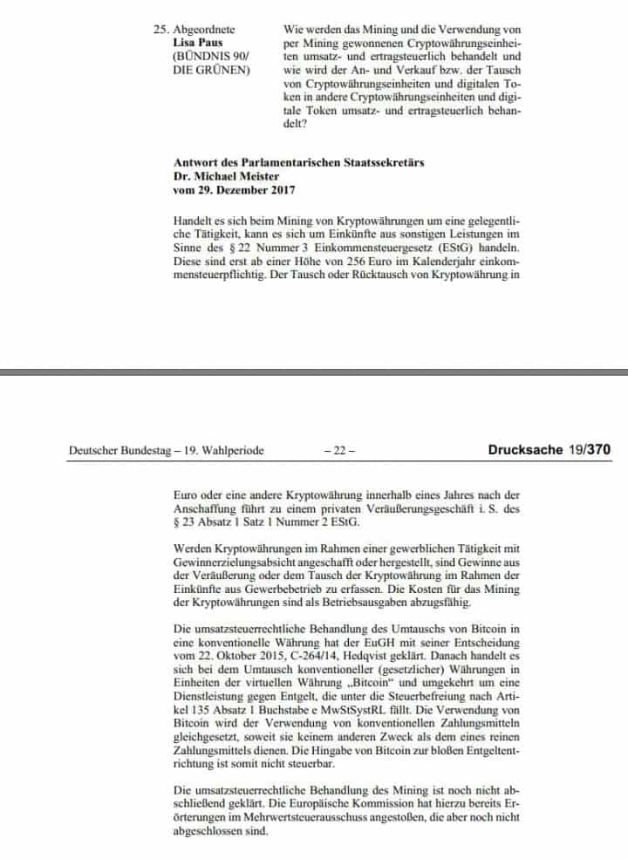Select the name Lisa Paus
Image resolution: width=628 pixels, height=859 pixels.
coord(197,42)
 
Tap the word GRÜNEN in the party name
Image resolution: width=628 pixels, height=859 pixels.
coord(228,69)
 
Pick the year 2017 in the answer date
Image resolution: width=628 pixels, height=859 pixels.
coord(280,190)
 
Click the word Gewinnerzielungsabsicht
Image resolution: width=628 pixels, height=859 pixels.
coord(233,563)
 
